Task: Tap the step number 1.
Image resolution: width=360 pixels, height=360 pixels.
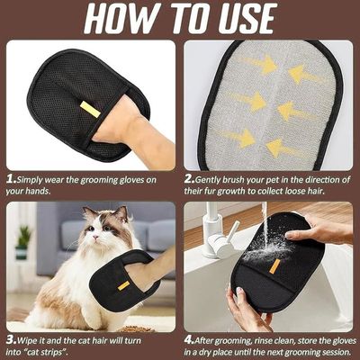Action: [11, 180]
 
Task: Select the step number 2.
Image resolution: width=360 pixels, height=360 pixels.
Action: [190, 180]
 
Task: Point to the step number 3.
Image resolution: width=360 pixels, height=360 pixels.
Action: [12, 340]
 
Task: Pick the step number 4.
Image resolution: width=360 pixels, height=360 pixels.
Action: [189, 340]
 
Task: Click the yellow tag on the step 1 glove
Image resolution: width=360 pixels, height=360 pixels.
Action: [90, 109]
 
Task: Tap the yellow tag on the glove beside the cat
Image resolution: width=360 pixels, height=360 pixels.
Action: [123, 285]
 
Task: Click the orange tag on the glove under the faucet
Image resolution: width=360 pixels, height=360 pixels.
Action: [274, 266]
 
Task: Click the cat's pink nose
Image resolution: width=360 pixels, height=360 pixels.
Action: [95, 238]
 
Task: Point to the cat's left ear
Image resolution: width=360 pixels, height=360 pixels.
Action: [121, 214]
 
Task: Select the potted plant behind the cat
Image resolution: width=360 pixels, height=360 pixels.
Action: [22, 242]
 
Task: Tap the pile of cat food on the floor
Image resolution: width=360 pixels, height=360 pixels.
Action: [137, 328]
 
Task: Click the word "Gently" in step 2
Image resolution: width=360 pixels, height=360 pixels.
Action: [208, 180]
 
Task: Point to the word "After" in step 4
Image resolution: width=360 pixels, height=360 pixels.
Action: [206, 340]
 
